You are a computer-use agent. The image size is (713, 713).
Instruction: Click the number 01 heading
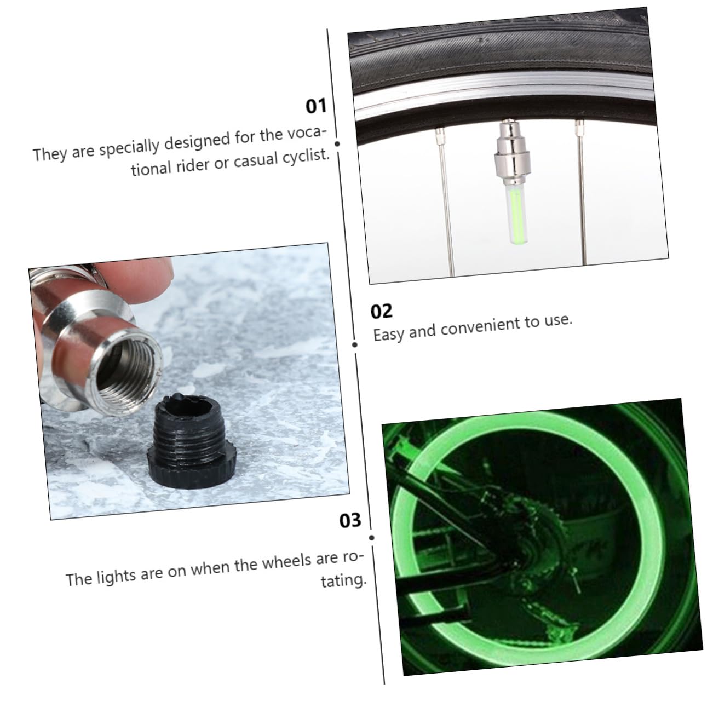(x=315, y=106)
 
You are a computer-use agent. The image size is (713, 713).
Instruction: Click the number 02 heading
(x=382, y=311)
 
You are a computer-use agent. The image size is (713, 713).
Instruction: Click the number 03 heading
(x=350, y=520)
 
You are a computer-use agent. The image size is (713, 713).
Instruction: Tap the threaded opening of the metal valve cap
(x=129, y=373)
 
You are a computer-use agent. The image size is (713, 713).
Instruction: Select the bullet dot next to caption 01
(x=337, y=144)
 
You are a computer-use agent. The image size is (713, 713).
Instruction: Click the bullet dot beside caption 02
(x=355, y=344)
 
